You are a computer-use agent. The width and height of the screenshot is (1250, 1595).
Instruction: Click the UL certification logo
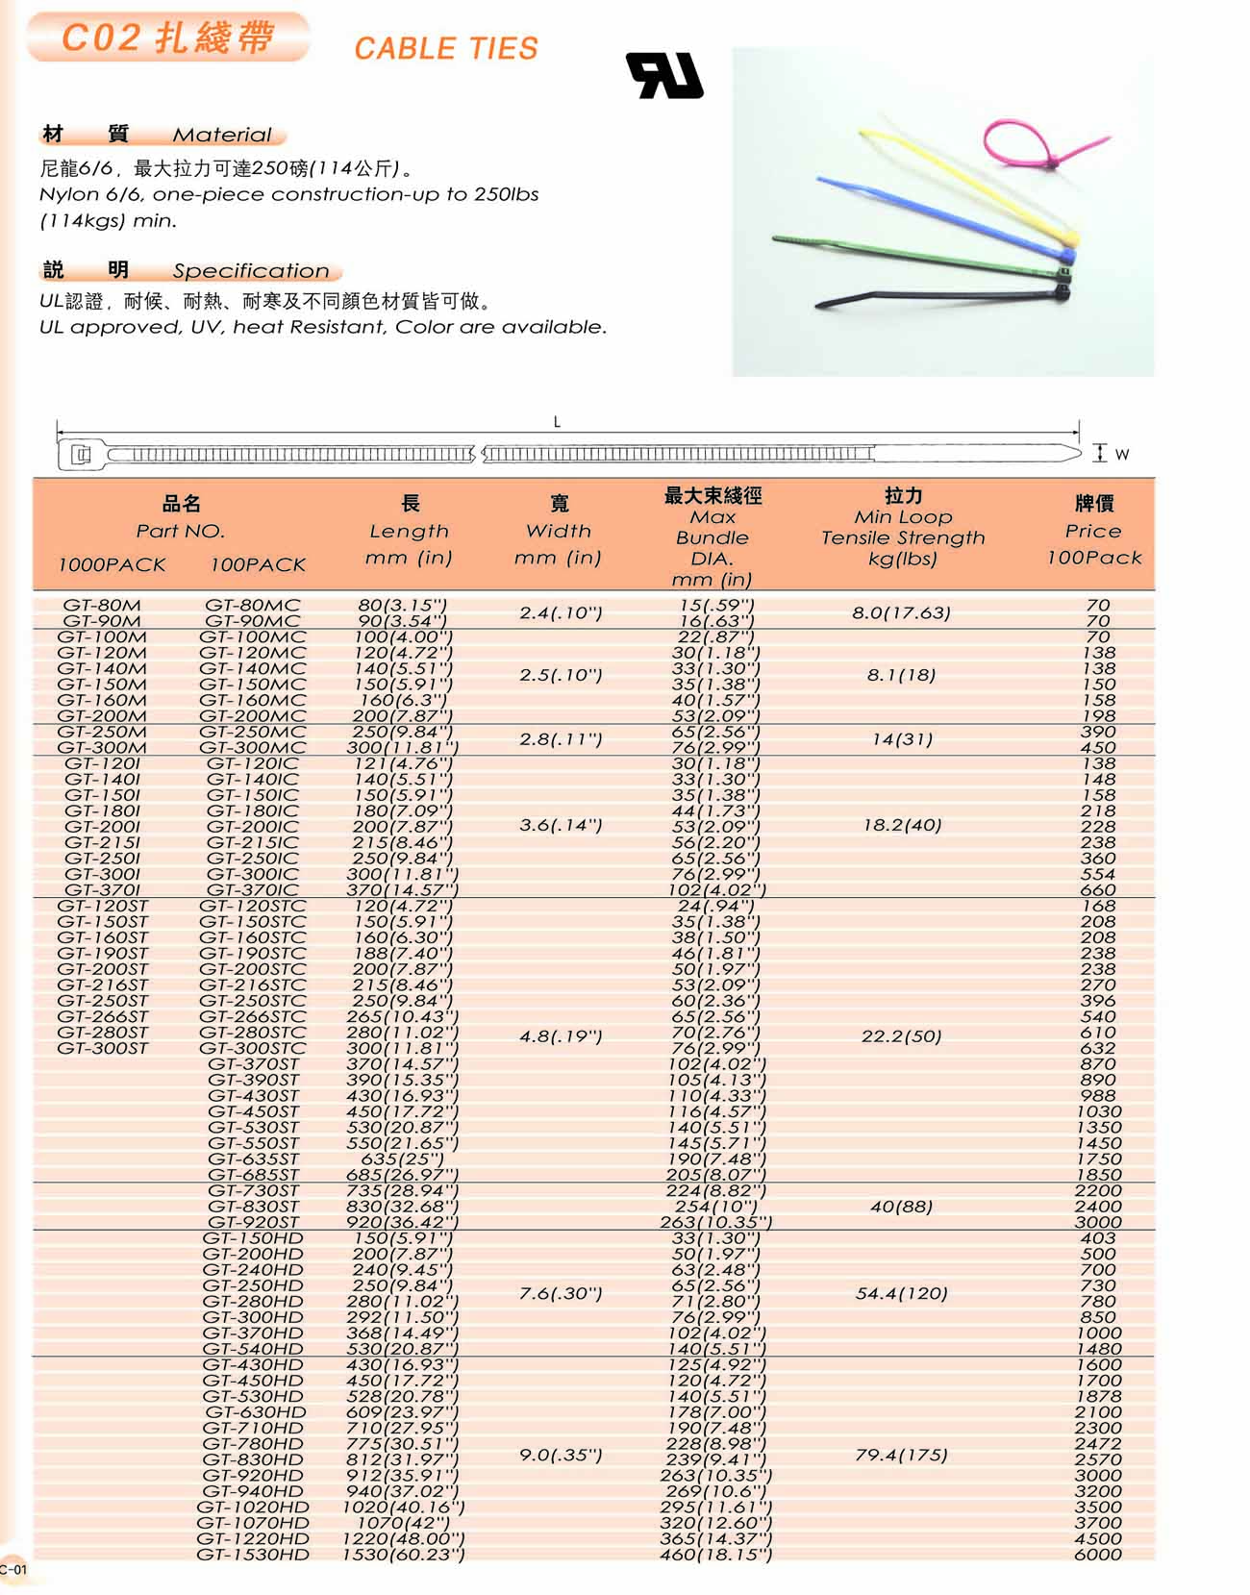[x=664, y=75]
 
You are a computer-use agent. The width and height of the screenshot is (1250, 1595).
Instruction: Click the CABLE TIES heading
[x=446, y=48]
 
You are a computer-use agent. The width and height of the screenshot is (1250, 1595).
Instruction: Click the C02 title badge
[x=168, y=38]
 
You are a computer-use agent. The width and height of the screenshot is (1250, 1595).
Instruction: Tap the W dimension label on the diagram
[x=1121, y=454]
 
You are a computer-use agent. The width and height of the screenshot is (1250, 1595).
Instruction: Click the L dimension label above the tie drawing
[x=557, y=422]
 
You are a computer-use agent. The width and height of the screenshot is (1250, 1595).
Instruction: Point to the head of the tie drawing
[x=81, y=455]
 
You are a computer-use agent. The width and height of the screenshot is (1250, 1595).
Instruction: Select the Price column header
[x=1094, y=530]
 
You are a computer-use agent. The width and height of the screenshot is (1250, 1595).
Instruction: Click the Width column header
[x=559, y=530]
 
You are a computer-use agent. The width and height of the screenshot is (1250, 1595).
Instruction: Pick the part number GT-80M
[x=102, y=606]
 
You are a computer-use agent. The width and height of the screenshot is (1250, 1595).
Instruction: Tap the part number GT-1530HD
[x=253, y=1555]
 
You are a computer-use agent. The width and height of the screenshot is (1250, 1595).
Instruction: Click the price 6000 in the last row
[x=1098, y=1555]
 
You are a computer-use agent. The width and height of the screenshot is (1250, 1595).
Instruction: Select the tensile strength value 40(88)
[x=901, y=1207]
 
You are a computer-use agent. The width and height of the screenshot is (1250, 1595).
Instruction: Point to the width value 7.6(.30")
[x=561, y=1294]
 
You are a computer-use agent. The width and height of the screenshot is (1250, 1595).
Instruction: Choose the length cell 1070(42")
[x=403, y=1523]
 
